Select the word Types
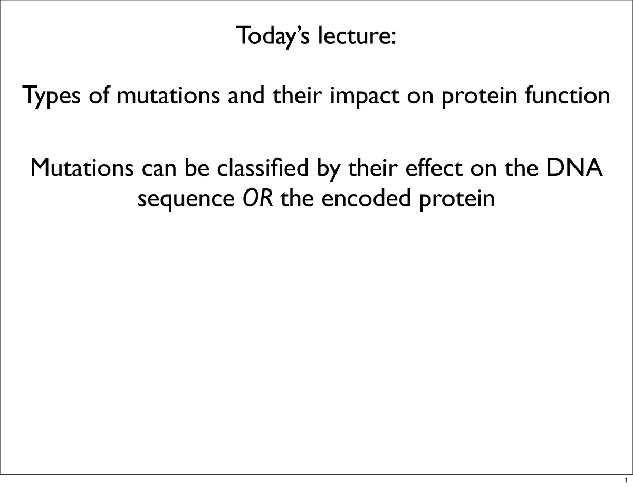pyautogui.click(x=53, y=96)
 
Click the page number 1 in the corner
pyautogui.click(x=626, y=481)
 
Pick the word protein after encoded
pyautogui.click(x=457, y=200)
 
